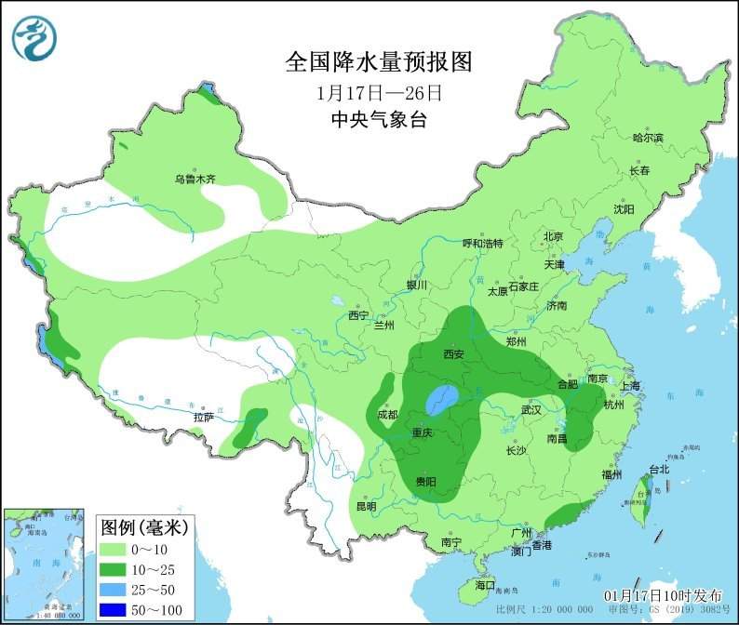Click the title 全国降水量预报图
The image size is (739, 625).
[x=379, y=62]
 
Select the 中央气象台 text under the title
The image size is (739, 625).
[x=378, y=119]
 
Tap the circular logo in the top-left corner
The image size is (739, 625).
[x=34, y=37]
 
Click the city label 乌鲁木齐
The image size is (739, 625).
[x=195, y=179]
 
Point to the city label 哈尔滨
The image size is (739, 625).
[x=648, y=138]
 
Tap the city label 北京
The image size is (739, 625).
[x=553, y=236]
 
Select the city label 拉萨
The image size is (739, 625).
[x=204, y=418]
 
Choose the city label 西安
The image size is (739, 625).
[x=453, y=353]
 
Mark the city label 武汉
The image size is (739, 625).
[x=531, y=409]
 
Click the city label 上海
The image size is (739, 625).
[x=629, y=386]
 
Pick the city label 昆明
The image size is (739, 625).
[x=366, y=507]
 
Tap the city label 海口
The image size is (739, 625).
[x=485, y=586]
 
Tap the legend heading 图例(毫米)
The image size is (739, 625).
[x=143, y=527]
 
